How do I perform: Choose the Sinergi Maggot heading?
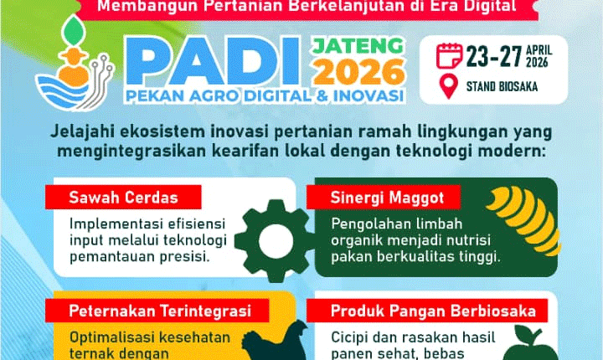coord(374,198)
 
